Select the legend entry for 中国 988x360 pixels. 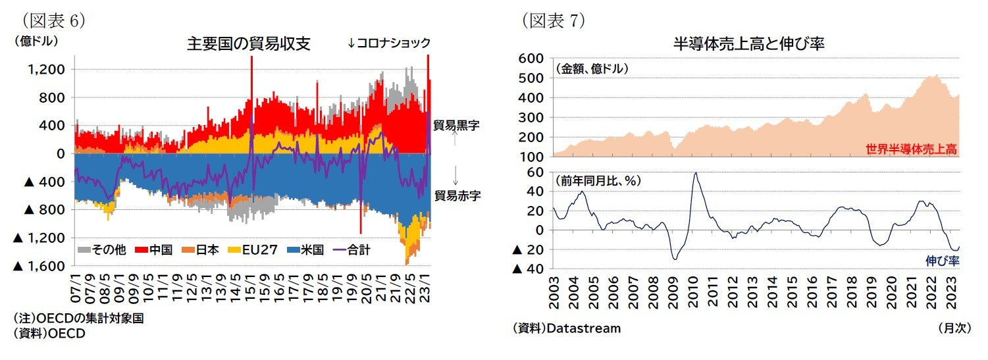tap(154, 249)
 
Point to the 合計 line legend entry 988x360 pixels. tap(353, 249)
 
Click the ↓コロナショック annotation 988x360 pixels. tap(388, 43)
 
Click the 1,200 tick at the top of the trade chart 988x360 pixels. tap(47, 70)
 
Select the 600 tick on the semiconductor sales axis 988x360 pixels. tap(531, 59)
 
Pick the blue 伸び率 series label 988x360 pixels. tap(943, 261)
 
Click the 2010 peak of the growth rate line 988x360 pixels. tap(696, 173)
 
